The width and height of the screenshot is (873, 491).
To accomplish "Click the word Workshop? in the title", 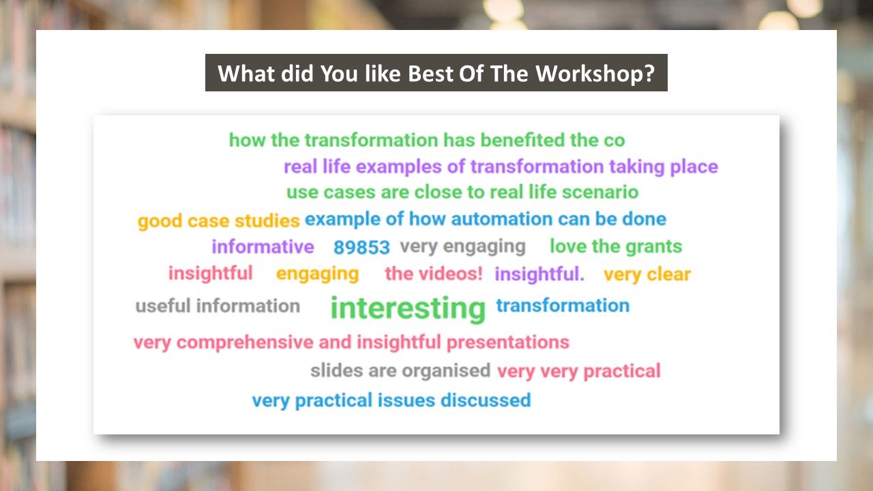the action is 595,73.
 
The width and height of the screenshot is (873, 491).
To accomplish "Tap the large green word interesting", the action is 408,309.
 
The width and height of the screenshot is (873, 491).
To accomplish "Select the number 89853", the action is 361,248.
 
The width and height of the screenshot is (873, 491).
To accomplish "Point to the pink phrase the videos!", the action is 434,273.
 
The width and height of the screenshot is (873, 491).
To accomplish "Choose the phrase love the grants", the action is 616,247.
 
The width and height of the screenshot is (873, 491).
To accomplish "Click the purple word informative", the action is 263,247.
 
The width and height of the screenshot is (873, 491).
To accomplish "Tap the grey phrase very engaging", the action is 462,247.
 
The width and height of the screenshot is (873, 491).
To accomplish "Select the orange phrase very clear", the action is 647,275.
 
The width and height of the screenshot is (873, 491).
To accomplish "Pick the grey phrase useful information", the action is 218,306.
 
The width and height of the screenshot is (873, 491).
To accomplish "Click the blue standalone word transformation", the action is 563,306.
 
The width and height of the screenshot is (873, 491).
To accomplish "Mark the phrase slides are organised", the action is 400,371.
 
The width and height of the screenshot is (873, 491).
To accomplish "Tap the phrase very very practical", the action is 579,372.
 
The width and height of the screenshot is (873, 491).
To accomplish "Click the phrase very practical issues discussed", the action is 391,401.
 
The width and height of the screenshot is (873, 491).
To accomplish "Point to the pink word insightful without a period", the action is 211,273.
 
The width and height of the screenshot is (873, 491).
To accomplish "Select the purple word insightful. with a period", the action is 539,274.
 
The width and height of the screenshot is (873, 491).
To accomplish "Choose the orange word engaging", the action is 317,274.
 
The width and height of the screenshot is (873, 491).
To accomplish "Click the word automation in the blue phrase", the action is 501,219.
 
